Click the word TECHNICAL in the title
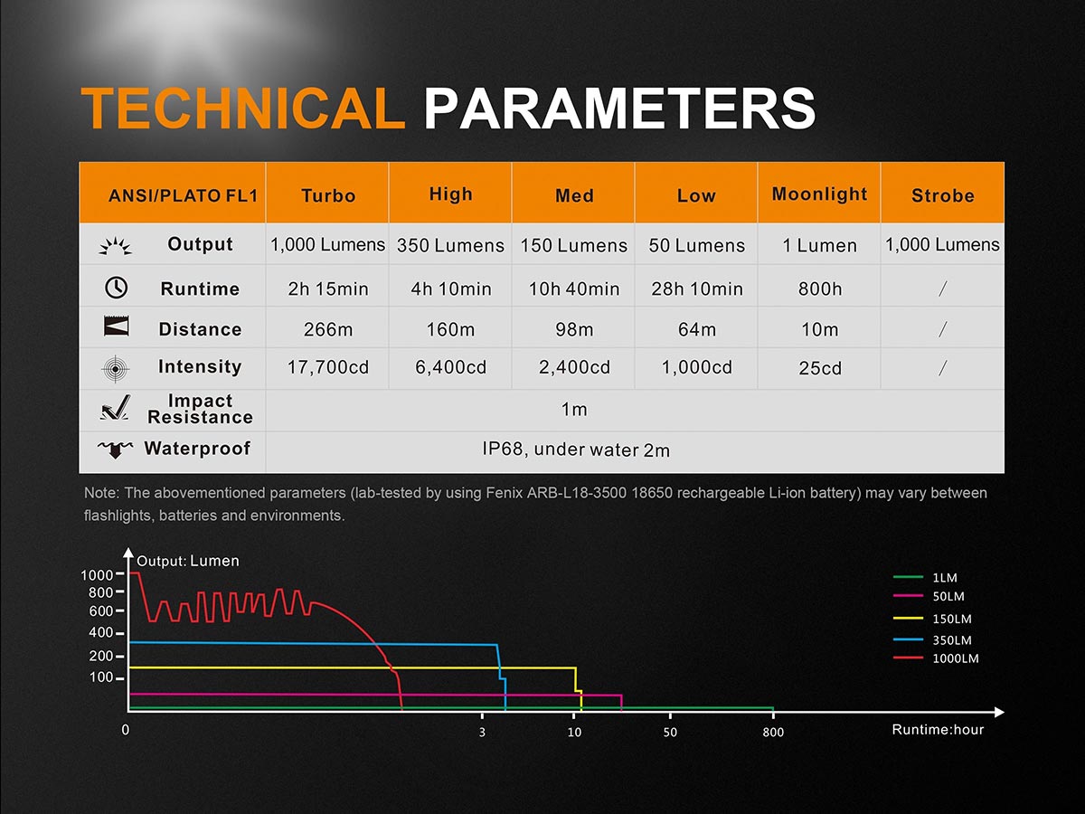(x=242, y=109)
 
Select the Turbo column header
(x=328, y=195)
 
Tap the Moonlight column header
(x=819, y=194)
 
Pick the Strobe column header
(x=942, y=195)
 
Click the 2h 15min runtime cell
(x=328, y=289)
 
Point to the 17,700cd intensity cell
(x=328, y=367)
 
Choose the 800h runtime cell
(x=819, y=289)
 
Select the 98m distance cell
(x=574, y=330)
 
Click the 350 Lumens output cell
(x=450, y=245)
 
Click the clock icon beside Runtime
(x=116, y=288)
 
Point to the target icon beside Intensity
(x=116, y=368)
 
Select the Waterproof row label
(x=197, y=449)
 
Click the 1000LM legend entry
(x=956, y=658)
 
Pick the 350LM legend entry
(x=952, y=639)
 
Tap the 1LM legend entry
(x=944, y=577)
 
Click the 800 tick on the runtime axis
(x=773, y=733)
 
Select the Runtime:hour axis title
(x=938, y=729)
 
